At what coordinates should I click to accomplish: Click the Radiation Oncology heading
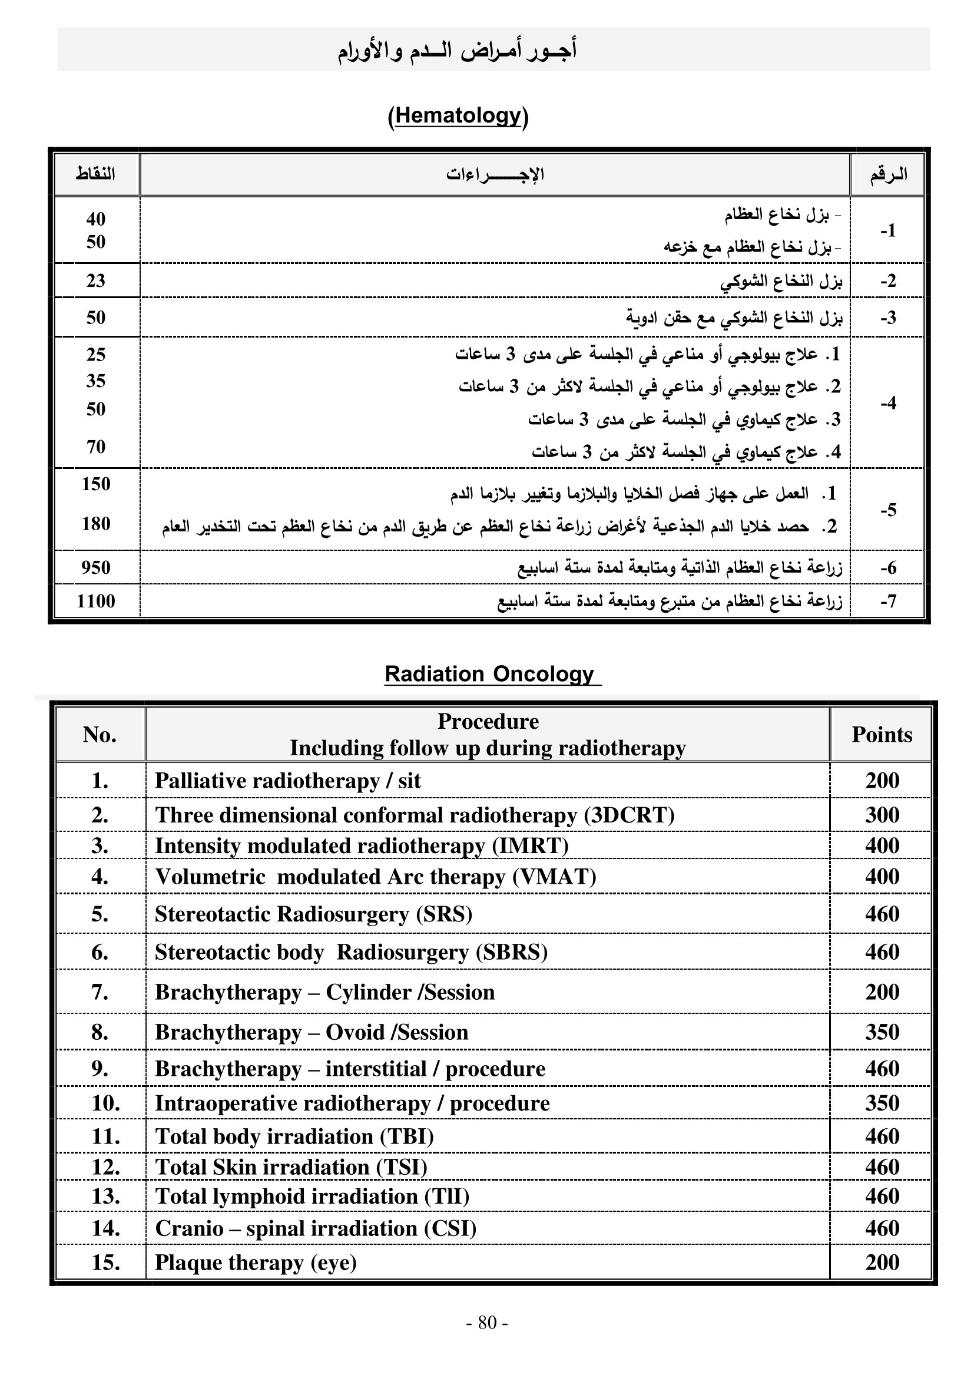[x=489, y=674]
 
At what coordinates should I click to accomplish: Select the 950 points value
[x=96, y=567]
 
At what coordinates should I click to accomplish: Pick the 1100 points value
[x=96, y=601]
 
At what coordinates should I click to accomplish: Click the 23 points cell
[x=96, y=280]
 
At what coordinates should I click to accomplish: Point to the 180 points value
[x=96, y=524]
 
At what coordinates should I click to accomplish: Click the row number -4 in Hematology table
[x=887, y=403]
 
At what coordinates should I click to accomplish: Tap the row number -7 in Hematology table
[x=887, y=601]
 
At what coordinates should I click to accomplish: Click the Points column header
[x=882, y=735]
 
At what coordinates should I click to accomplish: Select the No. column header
[x=100, y=735]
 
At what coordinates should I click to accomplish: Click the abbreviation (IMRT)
[x=530, y=845]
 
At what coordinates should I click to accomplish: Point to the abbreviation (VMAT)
[x=554, y=877]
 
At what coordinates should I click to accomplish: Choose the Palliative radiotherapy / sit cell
[x=288, y=781]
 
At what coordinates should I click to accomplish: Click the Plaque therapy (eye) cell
[x=256, y=1263]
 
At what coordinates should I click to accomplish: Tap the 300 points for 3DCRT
[x=882, y=815]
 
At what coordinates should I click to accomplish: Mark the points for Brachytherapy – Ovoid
[x=882, y=1032]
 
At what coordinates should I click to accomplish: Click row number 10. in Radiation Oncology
[x=105, y=1103]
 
